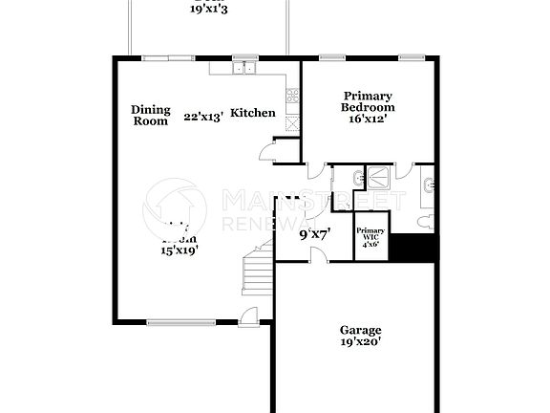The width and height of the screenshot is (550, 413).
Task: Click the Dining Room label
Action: [x=150, y=115]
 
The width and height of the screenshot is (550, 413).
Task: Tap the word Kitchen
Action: [x=253, y=113]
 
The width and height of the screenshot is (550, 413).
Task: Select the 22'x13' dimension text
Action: [x=203, y=117]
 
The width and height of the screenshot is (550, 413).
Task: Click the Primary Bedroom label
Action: [x=369, y=101]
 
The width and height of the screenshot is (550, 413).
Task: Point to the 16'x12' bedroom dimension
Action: [x=369, y=120]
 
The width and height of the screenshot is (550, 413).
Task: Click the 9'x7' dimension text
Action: [x=315, y=233]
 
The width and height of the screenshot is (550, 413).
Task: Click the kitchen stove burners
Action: [x=292, y=95]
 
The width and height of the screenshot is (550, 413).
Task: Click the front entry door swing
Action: [x=248, y=318]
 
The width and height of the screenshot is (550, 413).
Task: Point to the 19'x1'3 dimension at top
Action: [x=208, y=8]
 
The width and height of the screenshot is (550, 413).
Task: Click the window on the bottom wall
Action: [x=181, y=322]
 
